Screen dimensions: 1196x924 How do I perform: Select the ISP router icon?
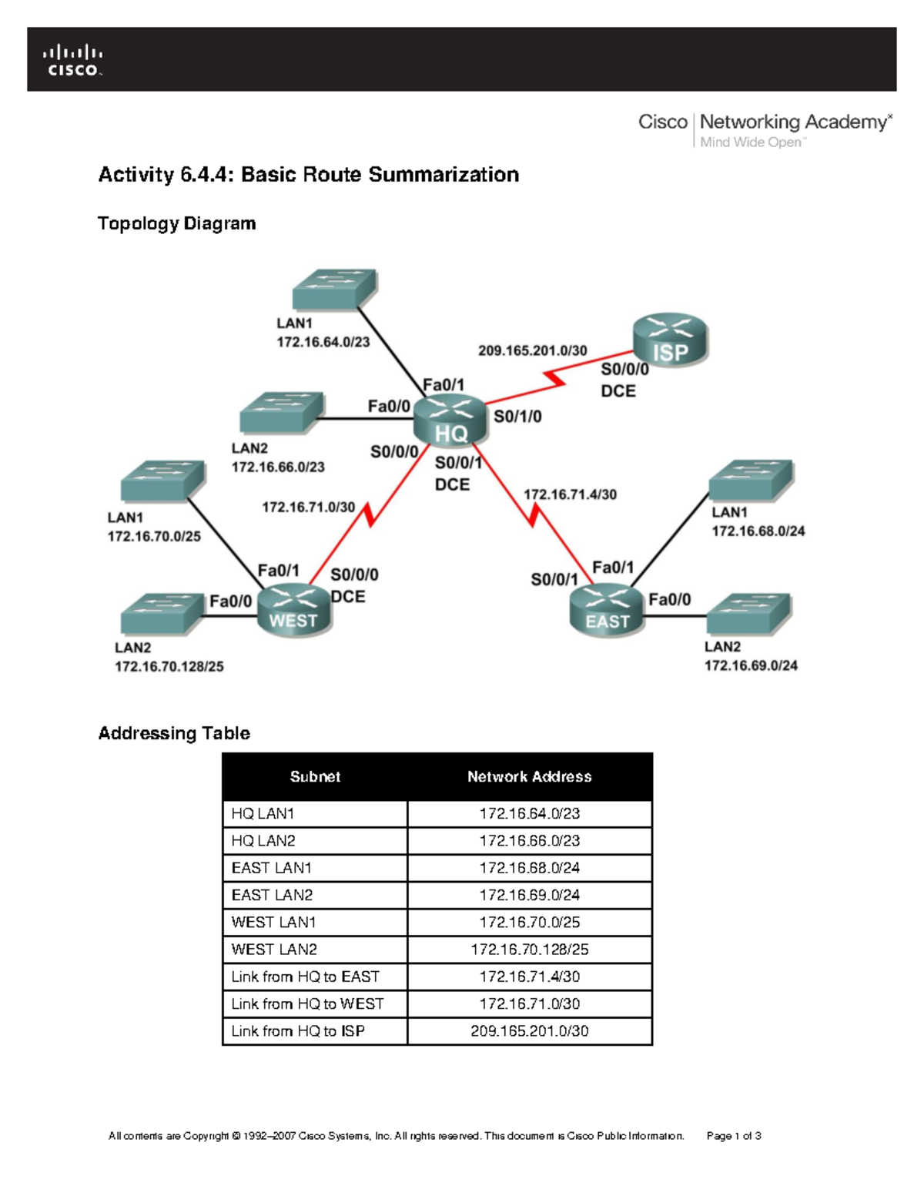point(670,340)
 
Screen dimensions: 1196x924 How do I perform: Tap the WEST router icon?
point(293,610)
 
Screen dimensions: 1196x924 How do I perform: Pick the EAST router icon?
point(607,610)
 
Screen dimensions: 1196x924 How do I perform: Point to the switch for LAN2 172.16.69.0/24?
point(748,614)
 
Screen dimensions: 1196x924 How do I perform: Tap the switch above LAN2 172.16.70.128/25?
point(162,614)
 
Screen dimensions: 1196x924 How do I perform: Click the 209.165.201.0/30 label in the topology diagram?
point(532,350)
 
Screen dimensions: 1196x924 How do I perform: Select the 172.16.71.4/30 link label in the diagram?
point(570,494)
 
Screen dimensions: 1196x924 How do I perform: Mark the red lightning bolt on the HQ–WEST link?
point(370,514)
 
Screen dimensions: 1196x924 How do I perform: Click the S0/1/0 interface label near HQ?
point(517,417)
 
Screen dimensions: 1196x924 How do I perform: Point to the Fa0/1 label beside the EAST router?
point(613,568)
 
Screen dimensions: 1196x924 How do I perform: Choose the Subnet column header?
point(315,777)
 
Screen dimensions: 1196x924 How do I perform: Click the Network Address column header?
point(530,777)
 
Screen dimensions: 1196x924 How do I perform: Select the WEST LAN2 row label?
point(274,950)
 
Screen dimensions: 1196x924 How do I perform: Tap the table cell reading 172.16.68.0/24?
point(530,868)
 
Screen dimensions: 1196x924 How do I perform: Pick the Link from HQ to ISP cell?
point(298,1031)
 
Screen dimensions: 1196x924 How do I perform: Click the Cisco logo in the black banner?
point(73,60)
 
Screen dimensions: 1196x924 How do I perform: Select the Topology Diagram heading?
point(177,223)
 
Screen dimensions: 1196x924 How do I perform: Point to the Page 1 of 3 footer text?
point(734,1136)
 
